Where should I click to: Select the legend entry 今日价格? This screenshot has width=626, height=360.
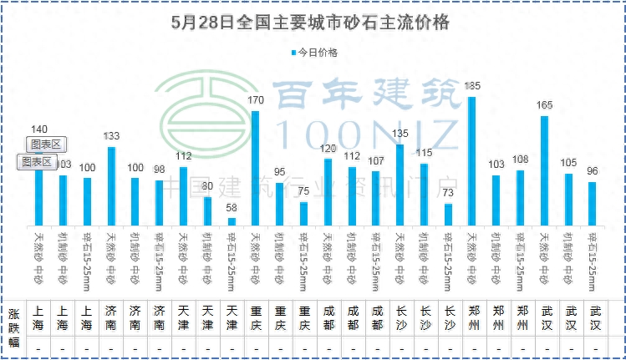[314, 52]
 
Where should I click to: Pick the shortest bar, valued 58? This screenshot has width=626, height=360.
[232, 221]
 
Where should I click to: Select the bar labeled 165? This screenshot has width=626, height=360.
[544, 170]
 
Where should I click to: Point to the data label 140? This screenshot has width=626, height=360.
[38, 129]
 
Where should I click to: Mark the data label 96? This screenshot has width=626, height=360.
[593, 171]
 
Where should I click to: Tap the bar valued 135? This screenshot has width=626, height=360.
[400, 184]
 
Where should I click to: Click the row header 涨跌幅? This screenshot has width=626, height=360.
[13, 326]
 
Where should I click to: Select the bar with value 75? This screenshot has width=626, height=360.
[303, 213]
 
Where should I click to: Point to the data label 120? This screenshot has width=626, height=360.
[328, 148]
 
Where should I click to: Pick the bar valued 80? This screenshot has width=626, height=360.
[207, 210]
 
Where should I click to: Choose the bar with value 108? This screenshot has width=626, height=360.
[520, 197]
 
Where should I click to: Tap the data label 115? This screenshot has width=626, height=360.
[424, 153]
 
